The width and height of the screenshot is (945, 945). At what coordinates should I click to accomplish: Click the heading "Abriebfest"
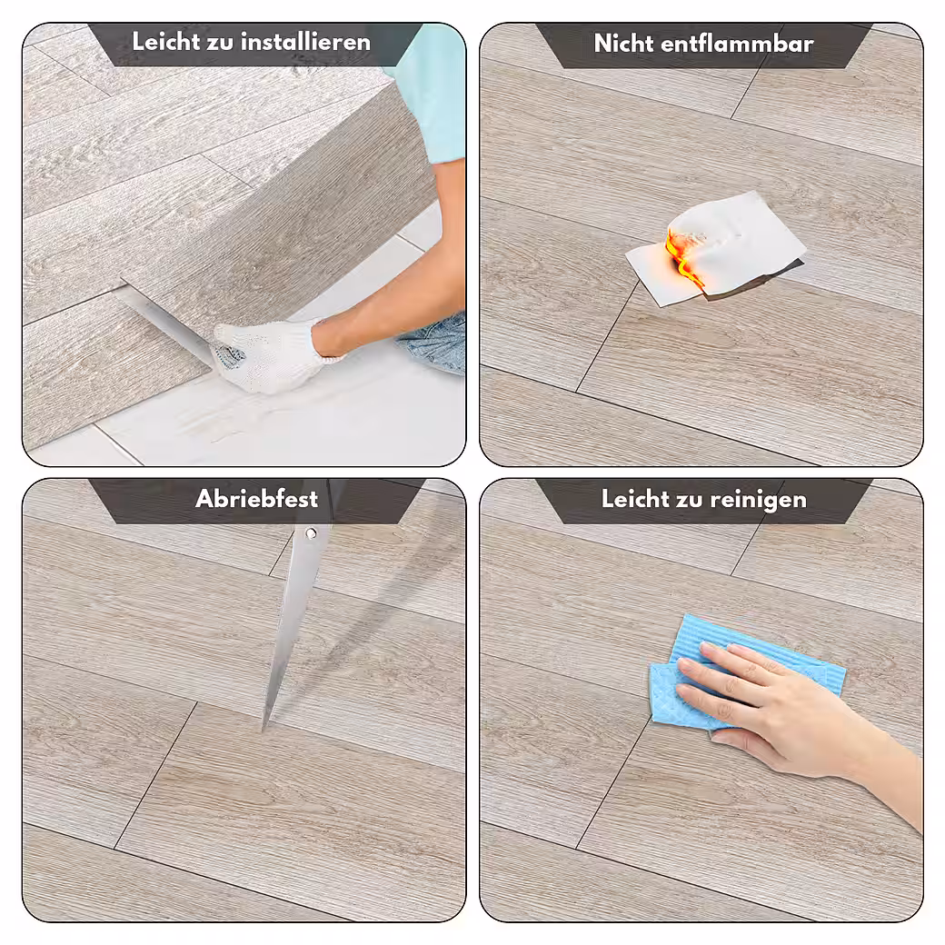click(257, 499)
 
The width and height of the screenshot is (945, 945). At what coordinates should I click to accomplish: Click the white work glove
click(271, 355)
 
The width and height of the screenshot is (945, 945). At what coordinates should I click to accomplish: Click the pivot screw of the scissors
click(311, 533)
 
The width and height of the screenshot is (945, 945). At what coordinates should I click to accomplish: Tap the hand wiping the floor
click(783, 711)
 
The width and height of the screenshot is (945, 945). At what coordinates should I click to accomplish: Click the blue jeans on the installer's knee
click(434, 343)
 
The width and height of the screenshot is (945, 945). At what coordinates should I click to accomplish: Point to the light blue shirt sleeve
click(435, 90)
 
